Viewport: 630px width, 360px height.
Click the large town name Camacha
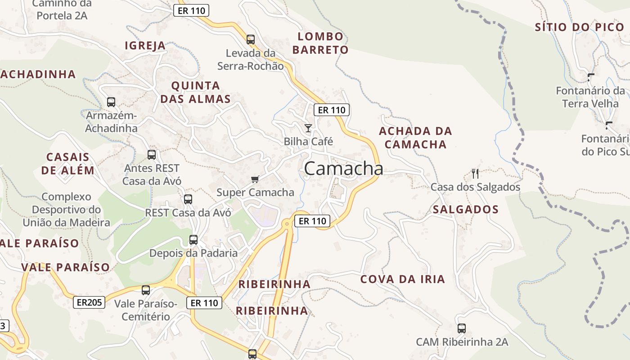pyautogui.click(x=344, y=169)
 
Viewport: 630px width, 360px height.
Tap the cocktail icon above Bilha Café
pyautogui.click(x=308, y=129)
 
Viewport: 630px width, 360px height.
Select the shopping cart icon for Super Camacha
pyautogui.click(x=255, y=180)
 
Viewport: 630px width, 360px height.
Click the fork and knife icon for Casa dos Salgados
pyautogui.click(x=475, y=173)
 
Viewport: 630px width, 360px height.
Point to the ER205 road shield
pyautogui.click(x=89, y=302)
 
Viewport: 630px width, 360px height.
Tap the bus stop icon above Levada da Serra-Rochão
pyautogui.click(x=251, y=40)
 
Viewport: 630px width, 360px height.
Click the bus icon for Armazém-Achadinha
pyautogui.click(x=111, y=102)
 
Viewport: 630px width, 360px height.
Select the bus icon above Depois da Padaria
pyautogui.click(x=193, y=240)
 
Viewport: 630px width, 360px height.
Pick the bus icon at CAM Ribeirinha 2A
pyautogui.click(x=462, y=328)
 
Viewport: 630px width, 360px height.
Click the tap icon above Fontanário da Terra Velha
pyautogui.click(x=591, y=77)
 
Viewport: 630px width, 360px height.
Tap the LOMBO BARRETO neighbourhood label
pyautogui.click(x=320, y=43)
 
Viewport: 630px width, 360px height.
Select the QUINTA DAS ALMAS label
pyautogui.click(x=196, y=92)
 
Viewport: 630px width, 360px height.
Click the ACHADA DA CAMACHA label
pyautogui.click(x=415, y=138)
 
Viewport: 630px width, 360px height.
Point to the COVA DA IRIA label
pyautogui.click(x=403, y=279)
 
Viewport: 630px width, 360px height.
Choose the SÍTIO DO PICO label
pyautogui.click(x=580, y=27)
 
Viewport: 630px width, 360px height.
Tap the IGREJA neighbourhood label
pyautogui.click(x=145, y=46)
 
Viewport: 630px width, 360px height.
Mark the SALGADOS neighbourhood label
pyautogui.click(x=466, y=210)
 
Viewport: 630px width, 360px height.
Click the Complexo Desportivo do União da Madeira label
pyautogui.click(x=66, y=210)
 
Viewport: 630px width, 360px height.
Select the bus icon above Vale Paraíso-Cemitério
pyautogui.click(x=146, y=290)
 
